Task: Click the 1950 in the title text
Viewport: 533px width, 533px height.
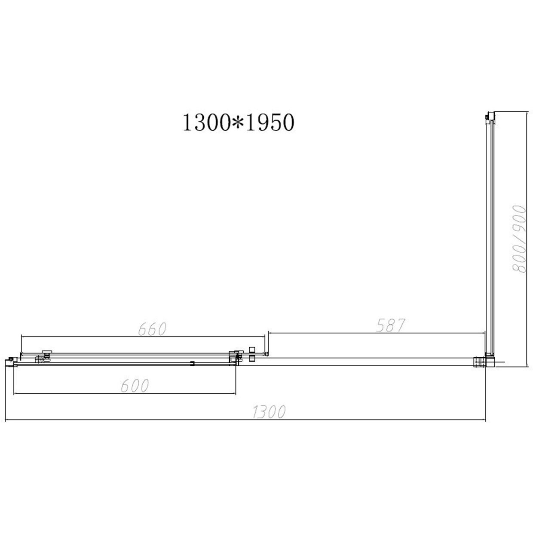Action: tap(269, 123)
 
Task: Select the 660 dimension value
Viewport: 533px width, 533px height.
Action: tap(152, 329)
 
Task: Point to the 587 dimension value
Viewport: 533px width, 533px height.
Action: tap(391, 325)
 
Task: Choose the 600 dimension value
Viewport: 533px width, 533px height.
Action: tap(135, 386)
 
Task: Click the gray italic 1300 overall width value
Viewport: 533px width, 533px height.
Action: tap(268, 412)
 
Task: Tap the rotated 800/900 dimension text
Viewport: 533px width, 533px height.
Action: tap(518, 239)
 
